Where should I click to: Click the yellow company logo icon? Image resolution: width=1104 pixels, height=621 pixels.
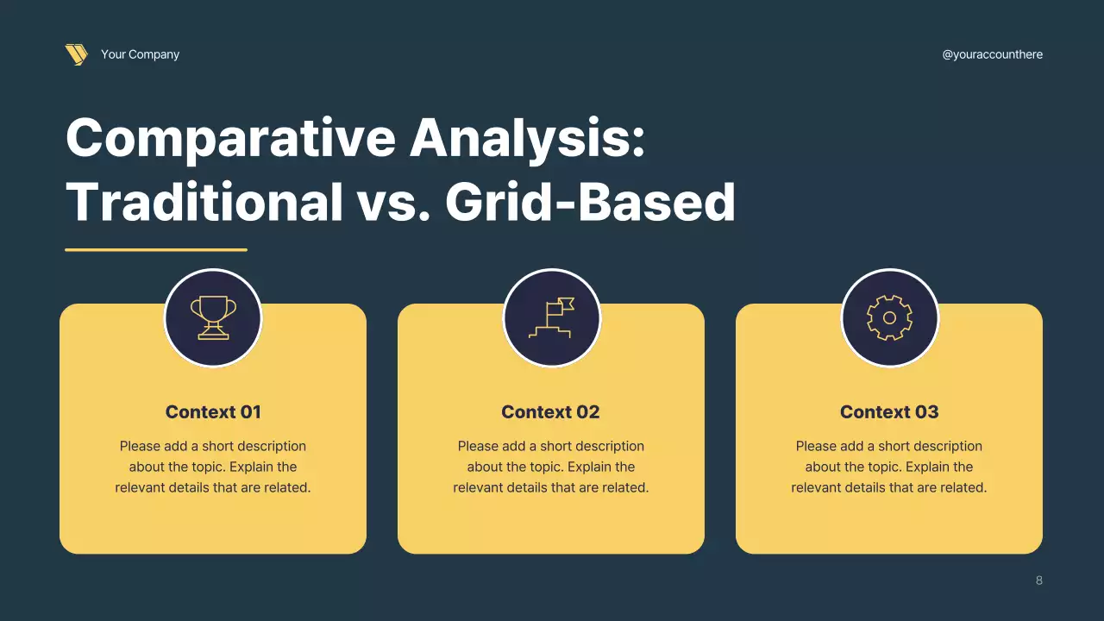pos(76,54)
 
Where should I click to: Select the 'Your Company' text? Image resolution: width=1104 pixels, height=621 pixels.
pos(140,54)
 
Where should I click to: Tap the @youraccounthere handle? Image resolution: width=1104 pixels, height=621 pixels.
pos(992,54)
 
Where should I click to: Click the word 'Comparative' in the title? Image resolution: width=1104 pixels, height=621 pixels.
pos(230,138)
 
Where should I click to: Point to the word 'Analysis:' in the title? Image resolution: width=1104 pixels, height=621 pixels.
pos(527,138)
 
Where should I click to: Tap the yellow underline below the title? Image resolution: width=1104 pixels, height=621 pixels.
pos(156,250)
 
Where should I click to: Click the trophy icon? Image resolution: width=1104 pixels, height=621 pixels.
pos(213,317)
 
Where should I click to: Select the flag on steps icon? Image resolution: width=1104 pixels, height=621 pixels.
pos(551,317)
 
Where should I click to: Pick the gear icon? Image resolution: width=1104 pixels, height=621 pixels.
pos(889,317)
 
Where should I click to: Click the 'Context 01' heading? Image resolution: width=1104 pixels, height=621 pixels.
pos(213,412)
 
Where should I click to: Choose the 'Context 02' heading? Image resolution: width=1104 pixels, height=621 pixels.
pos(550,412)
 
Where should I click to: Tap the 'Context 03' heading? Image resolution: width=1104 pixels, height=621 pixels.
pos(889,412)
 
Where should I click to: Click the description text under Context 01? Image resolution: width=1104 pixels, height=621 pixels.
pos(213,467)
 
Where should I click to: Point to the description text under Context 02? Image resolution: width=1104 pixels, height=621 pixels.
pos(550,467)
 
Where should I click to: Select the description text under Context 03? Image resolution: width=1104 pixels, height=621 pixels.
pos(889,467)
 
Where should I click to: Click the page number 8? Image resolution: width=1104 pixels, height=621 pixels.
pos(1038,580)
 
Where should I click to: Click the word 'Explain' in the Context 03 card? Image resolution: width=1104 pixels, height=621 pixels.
pos(929,467)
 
